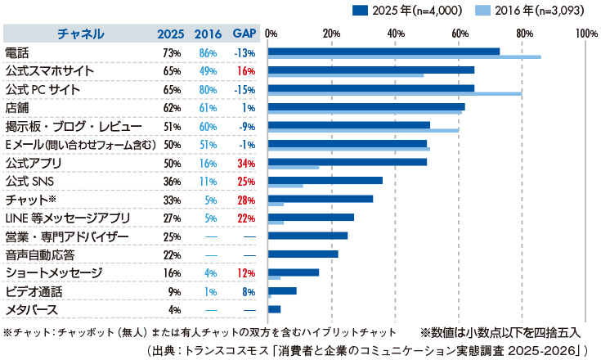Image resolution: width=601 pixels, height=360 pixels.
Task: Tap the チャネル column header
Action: point(80,34)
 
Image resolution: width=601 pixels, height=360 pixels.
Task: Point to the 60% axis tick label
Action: point(459,34)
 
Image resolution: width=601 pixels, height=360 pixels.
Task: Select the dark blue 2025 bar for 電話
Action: point(383,52)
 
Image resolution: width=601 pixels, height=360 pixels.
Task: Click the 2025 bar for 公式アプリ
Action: point(348,162)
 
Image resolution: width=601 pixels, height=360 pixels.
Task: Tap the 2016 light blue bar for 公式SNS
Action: point(285,185)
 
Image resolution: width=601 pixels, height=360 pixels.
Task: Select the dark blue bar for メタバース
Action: point(275,309)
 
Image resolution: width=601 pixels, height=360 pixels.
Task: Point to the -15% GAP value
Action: point(244,89)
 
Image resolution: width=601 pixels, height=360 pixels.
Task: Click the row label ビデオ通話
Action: point(34,291)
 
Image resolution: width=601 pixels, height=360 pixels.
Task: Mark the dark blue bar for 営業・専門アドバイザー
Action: point(308,236)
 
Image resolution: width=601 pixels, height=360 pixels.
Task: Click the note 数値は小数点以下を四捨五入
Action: point(500,333)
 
